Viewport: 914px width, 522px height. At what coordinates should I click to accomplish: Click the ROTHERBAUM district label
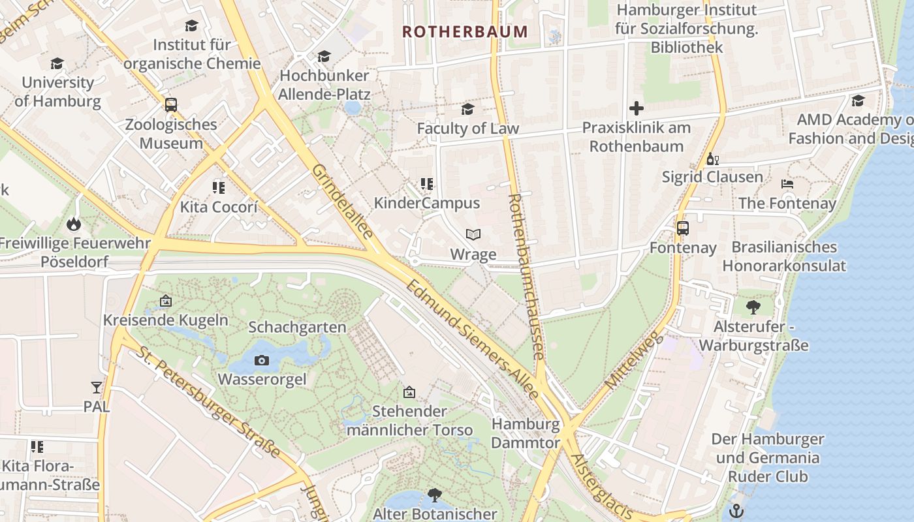coord(464,31)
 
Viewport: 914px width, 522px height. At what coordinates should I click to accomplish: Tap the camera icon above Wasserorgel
coord(261,360)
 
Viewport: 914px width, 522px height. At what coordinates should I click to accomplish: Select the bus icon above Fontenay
coord(683,228)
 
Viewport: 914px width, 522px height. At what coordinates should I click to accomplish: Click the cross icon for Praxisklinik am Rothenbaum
coord(637,108)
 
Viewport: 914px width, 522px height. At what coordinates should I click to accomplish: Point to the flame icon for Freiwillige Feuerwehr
coord(73,224)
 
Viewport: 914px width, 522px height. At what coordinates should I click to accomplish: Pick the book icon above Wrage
coord(473,234)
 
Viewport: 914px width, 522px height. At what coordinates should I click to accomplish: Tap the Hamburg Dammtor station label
coord(526,433)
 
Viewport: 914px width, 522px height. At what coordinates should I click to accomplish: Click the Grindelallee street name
coord(342,201)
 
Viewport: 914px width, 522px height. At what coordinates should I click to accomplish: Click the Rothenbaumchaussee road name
coord(526,276)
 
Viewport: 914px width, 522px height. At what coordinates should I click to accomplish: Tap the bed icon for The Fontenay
coord(787,184)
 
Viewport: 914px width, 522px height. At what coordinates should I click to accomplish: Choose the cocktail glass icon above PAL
coord(97,388)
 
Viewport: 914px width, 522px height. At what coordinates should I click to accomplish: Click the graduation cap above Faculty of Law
coord(467,109)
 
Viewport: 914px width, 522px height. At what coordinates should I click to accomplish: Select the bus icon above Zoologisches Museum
coord(170,105)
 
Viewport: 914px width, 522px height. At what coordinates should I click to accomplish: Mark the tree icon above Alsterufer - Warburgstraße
coord(753,307)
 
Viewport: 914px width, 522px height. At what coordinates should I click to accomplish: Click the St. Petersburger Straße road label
coord(209,402)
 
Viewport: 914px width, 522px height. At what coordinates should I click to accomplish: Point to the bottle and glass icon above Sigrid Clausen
coord(712,159)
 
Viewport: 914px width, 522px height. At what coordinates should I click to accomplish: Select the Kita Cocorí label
coord(219,207)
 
